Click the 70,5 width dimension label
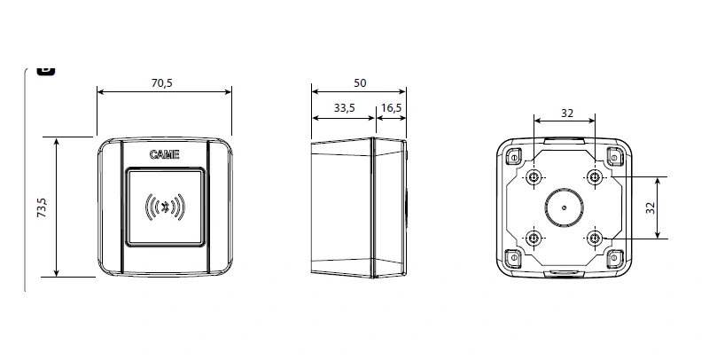(163, 82)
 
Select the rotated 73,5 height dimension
(41, 208)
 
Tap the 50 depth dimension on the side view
(359, 82)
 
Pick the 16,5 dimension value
(391, 107)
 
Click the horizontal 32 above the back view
(565, 113)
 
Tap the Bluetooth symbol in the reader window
(163, 207)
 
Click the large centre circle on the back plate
(564, 208)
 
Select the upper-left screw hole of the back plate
(534, 178)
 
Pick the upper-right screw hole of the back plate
(594, 178)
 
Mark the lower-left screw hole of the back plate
(534, 239)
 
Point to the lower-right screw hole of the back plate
(594, 239)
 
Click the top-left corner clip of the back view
(511, 157)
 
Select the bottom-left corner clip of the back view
(511, 259)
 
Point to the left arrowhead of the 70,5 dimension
(99, 91)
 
